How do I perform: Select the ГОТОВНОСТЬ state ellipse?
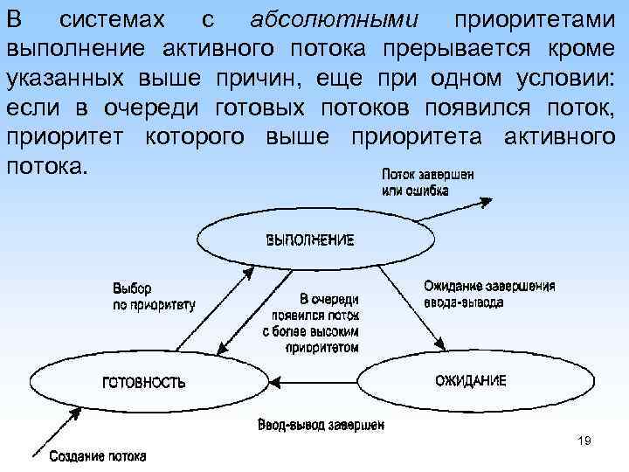point(144,382)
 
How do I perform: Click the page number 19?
point(584,441)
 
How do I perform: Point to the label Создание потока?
point(97,456)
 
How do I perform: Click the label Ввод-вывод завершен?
point(321,426)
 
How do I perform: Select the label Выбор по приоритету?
point(154,297)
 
